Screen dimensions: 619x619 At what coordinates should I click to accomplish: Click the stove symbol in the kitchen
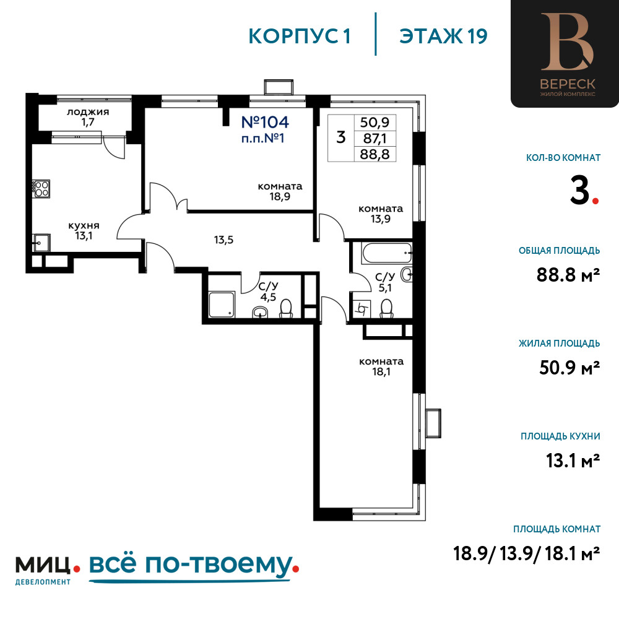pyautogui.click(x=41, y=189)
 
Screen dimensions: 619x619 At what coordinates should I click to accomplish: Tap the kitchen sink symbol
pyautogui.click(x=41, y=243)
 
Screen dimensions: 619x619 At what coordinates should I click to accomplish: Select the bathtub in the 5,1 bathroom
pyautogui.click(x=387, y=253)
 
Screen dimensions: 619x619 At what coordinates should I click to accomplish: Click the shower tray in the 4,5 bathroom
pyautogui.click(x=222, y=305)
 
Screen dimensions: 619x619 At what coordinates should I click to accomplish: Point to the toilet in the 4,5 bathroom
pyautogui.click(x=286, y=309)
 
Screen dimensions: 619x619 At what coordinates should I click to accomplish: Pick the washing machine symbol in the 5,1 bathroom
pyautogui.click(x=362, y=308)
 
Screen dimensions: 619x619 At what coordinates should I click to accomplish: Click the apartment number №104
pyautogui.click(x=265, y=123)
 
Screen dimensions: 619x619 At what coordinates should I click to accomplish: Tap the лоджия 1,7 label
pyautogui.click(x=88, y=117)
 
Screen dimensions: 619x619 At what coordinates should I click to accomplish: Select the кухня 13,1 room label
pyautogui.click(x=84, y=230)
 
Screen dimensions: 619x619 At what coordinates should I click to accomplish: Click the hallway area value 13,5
pyautogui.click(x=224, y=240)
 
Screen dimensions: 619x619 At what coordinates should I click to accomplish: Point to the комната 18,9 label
pyautogui.click(x=280, y=191)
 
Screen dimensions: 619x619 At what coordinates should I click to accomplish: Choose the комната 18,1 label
pyautogui.click(x=381, y=366)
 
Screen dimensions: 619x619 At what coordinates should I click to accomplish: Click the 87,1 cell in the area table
pyautogui.click(x=374, y=139)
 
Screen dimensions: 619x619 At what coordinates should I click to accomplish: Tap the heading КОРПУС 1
pyautogui.click(x=300, y=37)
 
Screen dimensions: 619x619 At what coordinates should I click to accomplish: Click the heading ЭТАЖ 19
pyautogui.click(x=443, y=37)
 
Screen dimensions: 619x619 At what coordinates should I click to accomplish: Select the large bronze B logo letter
pyautogui.click(x=567, y=41)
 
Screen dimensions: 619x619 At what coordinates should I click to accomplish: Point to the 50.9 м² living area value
pyautogui.click(x=569, y=368)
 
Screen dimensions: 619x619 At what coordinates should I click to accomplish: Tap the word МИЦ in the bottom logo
pyautogui.click(x=43, y=565)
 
